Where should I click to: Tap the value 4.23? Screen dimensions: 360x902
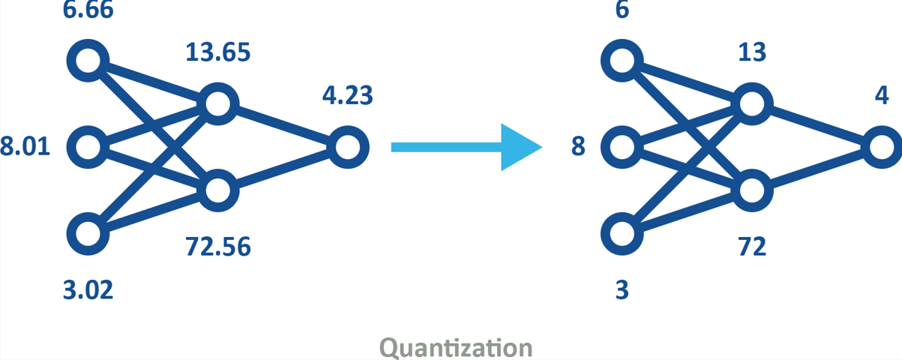tap(347, 96)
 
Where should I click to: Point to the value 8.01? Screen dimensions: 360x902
tap(25, 146)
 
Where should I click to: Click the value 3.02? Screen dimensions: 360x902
tap(88, 289)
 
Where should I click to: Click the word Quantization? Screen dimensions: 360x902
tap(457, 347)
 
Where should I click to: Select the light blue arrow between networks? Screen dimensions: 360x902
tap(465, 147)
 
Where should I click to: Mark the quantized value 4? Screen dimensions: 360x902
tap(882, 96)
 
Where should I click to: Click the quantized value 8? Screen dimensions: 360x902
tap(578, 146)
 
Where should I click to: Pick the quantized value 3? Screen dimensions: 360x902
tap(622, 289)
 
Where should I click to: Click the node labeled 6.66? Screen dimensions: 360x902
tap(88, 60)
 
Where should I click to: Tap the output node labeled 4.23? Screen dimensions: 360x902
tap(347, 147)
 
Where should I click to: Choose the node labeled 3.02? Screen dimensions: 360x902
tap(88, 233)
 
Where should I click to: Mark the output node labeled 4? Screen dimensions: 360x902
tap(882, 147)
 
